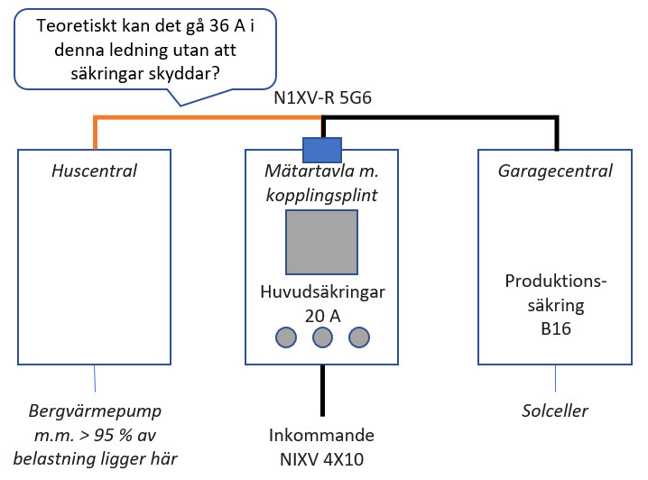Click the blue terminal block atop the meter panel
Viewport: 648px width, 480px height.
tap(321, 147)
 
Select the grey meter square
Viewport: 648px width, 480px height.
tap(321, 241)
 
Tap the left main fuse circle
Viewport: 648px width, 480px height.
tap(286, 338)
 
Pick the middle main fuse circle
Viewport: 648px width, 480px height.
tap(322, 338)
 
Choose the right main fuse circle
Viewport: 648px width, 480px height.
tap(359, 338)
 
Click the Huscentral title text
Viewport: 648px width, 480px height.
tap(94, 170)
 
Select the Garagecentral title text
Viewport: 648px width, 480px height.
tap(555, 170)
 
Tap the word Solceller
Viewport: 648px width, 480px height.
tap(555, 411)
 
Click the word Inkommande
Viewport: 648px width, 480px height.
tap(322, 436)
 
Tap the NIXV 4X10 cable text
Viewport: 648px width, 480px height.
tap(322, 459)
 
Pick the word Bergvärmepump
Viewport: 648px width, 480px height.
tap(94, 411)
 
